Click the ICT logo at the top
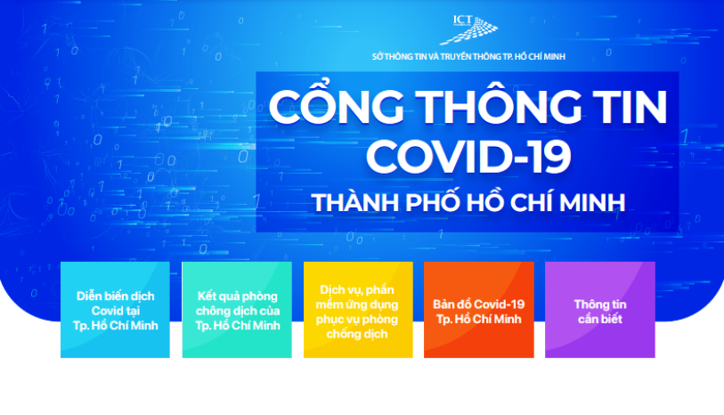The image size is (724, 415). pyautogui.click(x=469, y=29)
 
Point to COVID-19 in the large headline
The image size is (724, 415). pyautogui.click(x=468, y=156)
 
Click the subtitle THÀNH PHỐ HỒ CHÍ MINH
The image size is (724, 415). pyautogui.click(x=468, y=201)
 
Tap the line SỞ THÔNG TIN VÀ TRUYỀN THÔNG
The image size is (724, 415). pyautogui.click(x=468, y=57)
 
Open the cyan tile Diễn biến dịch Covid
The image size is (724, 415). pyautogui.click(x=115, y=310)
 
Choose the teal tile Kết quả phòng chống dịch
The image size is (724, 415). pyautogui.click(x=237, y=310)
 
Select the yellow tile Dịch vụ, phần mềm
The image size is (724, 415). pyautogui.click(x=358, y=310)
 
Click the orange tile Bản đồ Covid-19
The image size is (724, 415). pyautogui.click(x=479, y=310)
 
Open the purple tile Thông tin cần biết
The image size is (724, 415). pyautogui.click(x=600, y=310)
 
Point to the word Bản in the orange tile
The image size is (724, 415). pyautogui.click(x=443, y=305)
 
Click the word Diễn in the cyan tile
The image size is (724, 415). pyautogui.click(x=89, y=296)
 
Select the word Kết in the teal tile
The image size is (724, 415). pyautogui.click(x=207, y=296)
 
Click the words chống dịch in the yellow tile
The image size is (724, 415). pyautogui.click(x=357, y=334)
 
